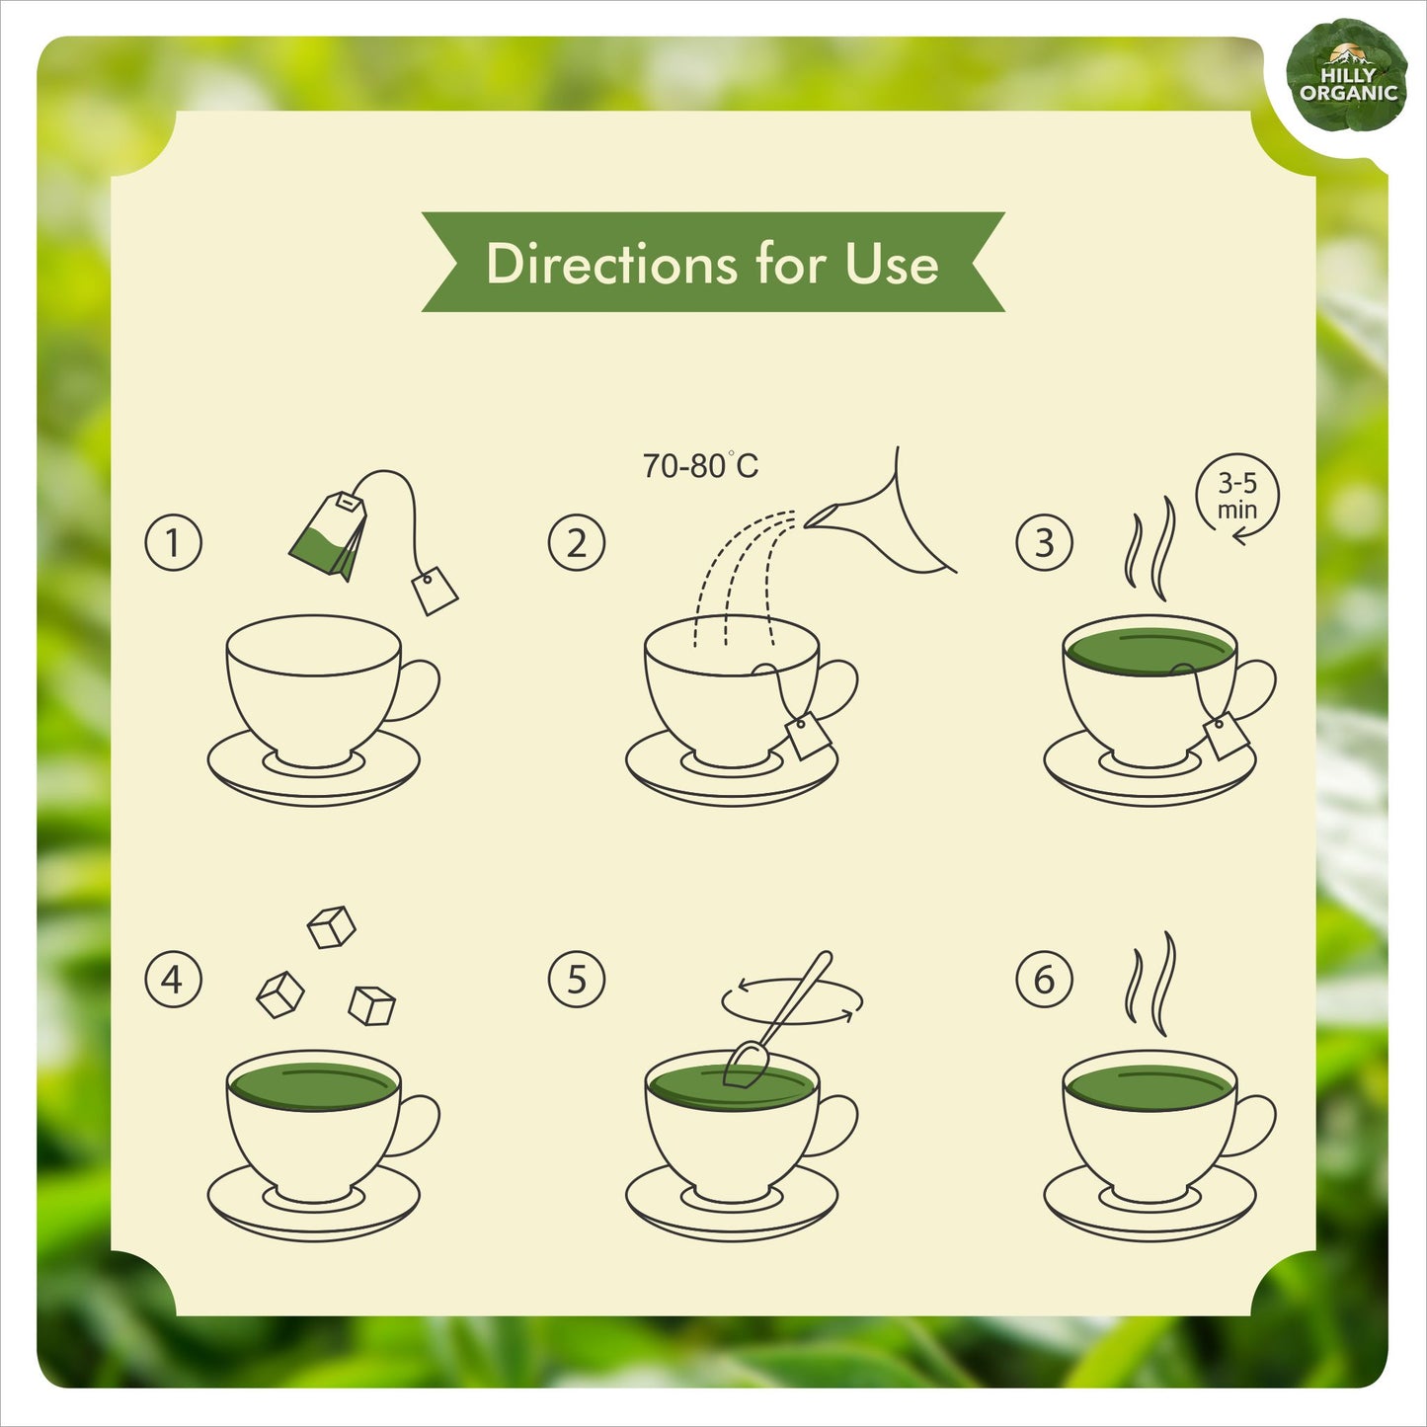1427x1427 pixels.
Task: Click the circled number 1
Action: click(173, 542)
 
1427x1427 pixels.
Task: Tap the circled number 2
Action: click(576, 542)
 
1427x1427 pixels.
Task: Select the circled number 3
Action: click(1044, 542)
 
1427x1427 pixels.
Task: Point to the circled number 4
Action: click(173, 980)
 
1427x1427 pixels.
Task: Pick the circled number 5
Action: click(576, 980)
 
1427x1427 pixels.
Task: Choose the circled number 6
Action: click(1044, 980)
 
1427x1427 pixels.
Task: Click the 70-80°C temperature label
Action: click(700, 465)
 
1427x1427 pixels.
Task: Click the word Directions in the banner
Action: click(611, 264)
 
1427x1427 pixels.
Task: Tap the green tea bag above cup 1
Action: click(328, 535)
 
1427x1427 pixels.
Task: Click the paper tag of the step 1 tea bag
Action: click(435, 591)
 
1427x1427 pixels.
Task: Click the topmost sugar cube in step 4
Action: click(331, 927)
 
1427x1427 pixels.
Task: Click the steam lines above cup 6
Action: click(1150, 984)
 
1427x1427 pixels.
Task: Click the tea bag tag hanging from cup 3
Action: click(1227, 736)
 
